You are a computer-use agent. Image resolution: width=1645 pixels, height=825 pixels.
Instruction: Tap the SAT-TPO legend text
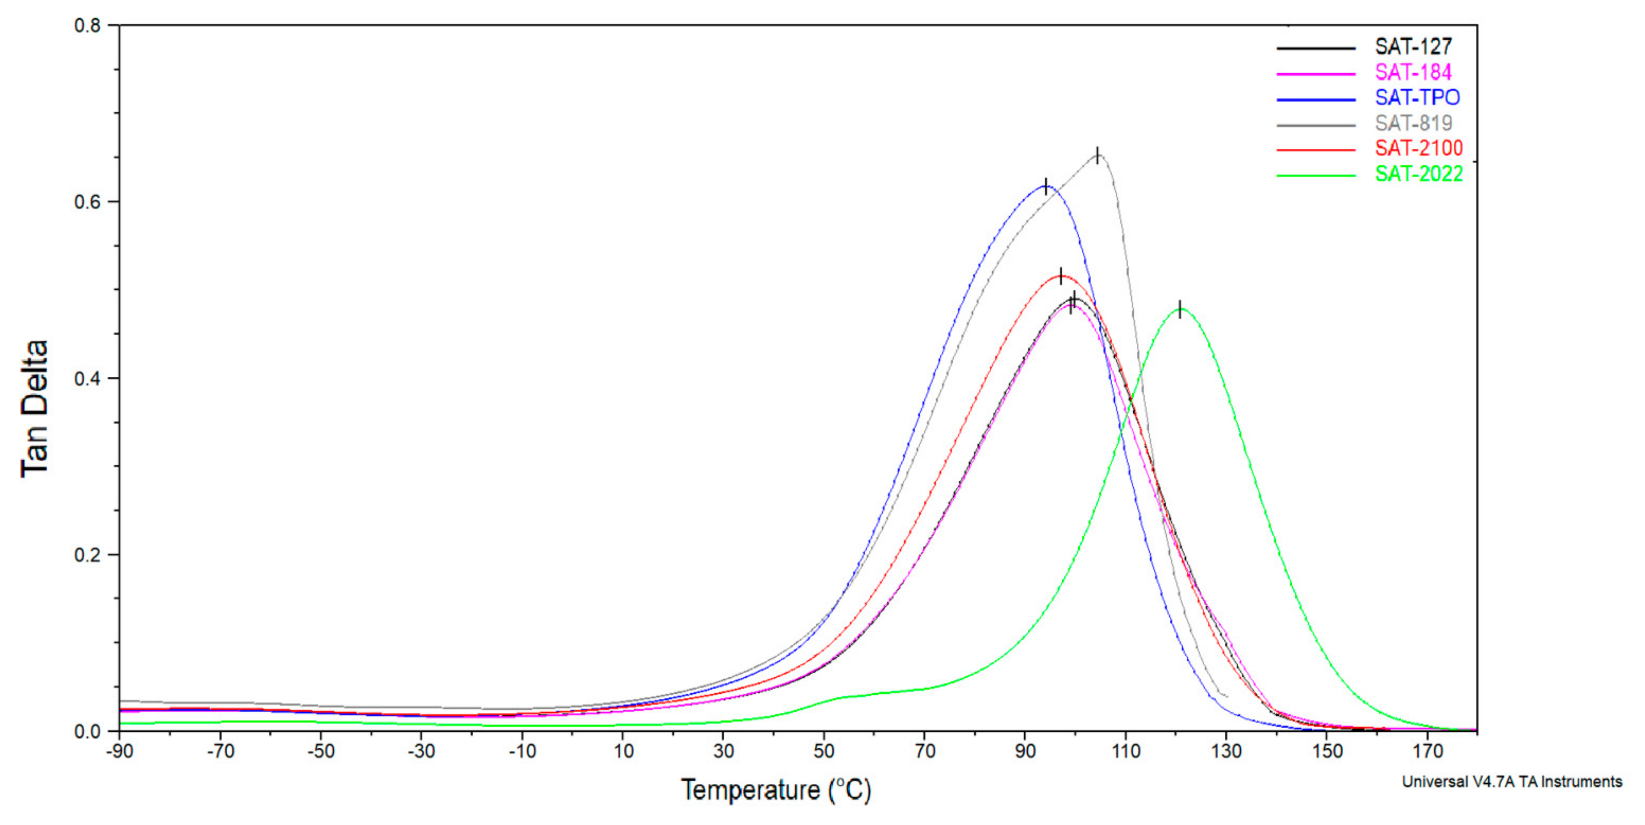click(x=1416, y=98)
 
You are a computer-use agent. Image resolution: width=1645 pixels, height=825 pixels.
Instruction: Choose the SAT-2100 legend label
click(x=1418, y=148)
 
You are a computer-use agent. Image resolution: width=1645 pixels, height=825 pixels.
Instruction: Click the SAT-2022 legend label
click(x=1418, y=174)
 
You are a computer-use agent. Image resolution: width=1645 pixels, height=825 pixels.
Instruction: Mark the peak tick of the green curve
click(x=1180, y=308)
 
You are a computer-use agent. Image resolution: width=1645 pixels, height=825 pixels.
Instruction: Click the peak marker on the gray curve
click(x=1097, y=155)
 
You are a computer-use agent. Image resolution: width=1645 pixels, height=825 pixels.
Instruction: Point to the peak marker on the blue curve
click(x=1045, y=186)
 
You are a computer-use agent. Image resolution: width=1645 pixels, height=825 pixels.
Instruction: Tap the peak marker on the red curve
click(x=1061, y=276)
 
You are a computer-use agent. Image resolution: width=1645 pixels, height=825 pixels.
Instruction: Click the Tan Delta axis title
click(x=35, y=409)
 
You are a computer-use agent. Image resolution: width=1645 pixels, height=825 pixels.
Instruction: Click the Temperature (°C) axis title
click(x=775, y=790)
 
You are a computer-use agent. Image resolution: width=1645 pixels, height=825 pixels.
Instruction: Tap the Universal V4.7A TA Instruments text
click(x=1511, y=782)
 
